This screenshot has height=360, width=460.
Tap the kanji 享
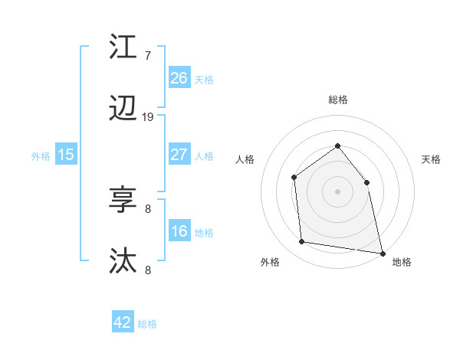tap(123, 200)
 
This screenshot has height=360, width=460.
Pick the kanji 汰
tap(123, 261)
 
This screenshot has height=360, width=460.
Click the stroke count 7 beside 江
tap(147, 56)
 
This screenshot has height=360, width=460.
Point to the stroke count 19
tap(148, 117)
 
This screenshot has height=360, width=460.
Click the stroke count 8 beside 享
tap(148, 208)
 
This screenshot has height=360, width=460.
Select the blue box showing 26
tap(179, 77)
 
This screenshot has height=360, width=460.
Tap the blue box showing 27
tap(179, 154)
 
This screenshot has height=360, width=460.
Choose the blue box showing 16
tap(179, 231)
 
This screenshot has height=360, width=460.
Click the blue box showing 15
tap(66, 155)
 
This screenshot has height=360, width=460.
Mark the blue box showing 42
tap(123, 322)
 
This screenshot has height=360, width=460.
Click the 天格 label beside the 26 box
tap(204, 79)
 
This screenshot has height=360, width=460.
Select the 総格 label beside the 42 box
tap(147, 324)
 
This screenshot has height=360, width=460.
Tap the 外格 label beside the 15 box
tap(41, 155)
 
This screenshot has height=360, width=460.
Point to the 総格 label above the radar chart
tap(337, 100)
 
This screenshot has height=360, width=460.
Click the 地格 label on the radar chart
tap(402, 262)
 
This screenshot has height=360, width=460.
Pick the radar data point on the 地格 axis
tap(382, 253)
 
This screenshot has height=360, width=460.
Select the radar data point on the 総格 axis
tap(337, 146)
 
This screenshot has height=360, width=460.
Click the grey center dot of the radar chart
tap(337, 191)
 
